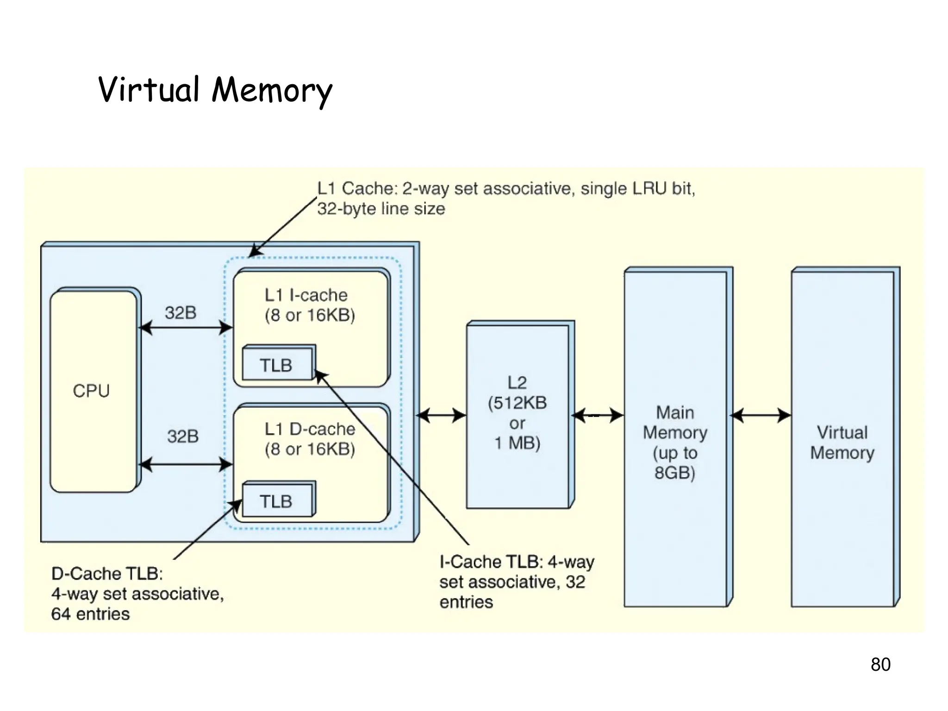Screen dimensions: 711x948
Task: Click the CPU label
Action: click(91, 391)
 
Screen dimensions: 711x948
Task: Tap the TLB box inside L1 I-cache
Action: click(277, 365)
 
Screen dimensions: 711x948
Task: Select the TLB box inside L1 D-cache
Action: click(277, 501)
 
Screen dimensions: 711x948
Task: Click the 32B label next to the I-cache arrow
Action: click(181, 313)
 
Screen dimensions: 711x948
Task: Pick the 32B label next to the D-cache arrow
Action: click(183, 436)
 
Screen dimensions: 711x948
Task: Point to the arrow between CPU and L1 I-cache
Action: click(185, 328)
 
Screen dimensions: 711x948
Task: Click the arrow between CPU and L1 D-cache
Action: click(185, 464)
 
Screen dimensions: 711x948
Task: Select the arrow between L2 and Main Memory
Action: click(597, 416)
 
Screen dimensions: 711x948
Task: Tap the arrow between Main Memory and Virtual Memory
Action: click(760, 416)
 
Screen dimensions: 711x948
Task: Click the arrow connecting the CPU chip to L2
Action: click(442, 416)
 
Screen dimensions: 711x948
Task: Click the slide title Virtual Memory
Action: click(215, 90)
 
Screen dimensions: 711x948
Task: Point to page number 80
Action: click(880, 664)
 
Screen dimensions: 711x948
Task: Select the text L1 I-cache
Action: click(306, 295)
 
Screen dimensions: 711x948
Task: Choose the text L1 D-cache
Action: click(310, 429)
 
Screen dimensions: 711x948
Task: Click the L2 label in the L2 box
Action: click(517, 383)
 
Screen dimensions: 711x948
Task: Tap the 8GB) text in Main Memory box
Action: click(675, 473)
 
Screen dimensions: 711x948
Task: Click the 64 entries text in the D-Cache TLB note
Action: click(91, 614)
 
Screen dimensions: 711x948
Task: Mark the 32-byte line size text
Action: click(381, 209)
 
